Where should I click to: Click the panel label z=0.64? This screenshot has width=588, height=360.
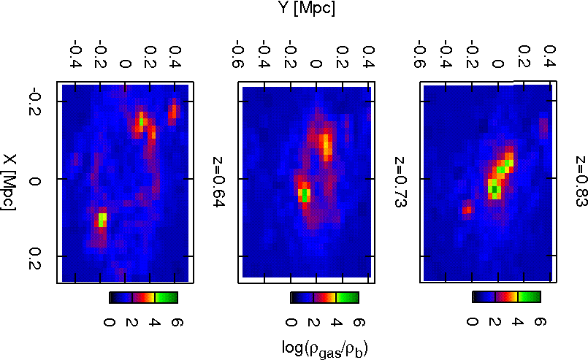[218, 180]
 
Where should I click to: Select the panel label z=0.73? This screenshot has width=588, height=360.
[400, 180]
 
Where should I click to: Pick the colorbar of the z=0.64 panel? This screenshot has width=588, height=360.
[143, 297]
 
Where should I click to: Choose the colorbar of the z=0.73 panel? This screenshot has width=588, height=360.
[325, 297]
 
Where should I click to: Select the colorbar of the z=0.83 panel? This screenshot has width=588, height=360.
[506, 296]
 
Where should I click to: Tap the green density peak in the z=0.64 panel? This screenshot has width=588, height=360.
[102, 218]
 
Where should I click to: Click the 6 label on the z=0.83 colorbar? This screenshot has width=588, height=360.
[541, 322]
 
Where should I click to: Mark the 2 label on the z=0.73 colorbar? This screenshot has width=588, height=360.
[314, 322]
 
